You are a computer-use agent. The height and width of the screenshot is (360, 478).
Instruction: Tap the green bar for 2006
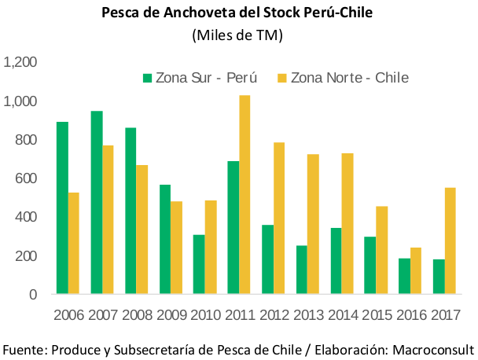pyautogui.click(x=61, y=208)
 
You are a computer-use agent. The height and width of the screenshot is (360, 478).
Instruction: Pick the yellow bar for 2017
pyautogui.click(x=450, y=241)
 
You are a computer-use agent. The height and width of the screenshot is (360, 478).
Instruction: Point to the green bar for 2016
pyautogui.click(x=403, y=277)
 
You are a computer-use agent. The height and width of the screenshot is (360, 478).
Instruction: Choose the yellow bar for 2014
pyautogui.click(x=347, y=224)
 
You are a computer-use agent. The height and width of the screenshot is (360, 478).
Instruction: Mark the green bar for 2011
pyautogui.click(x=233, y=228)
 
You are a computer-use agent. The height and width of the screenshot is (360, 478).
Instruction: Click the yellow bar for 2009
pyautogui.click(x=176, y=248)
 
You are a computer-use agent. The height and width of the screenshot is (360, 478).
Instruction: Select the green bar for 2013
pyautogui.click(x=301, y=270)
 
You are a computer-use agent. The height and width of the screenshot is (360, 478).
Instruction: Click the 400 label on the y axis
pyautogui.click(x=28, y=217)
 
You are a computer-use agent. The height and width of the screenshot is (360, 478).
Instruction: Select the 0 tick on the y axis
pyautogui.click(x=34, y=295)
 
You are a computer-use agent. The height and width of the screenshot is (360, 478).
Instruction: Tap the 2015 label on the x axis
pyautogui.click(x=376, y=316)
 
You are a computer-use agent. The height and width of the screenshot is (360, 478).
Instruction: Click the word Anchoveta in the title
pyautogui.click(x=180, y=13)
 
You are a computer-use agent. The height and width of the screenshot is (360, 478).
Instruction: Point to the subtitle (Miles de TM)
pyautogui.click(x=237, y=35)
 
